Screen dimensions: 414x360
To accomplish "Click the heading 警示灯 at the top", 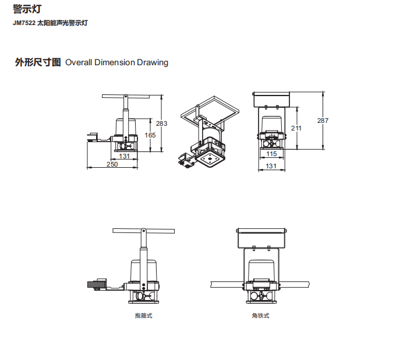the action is pos(27,9).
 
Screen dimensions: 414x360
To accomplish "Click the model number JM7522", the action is pos(24,23).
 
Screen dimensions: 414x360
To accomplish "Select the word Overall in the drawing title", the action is pos(79,62).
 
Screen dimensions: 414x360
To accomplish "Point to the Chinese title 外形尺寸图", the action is pos(38,62).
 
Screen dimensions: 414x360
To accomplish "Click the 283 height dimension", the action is pos(162,123).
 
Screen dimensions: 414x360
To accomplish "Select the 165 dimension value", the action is pos(150,135).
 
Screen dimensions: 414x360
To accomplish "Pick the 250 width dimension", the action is pos(112,164).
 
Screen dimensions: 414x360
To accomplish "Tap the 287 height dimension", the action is pos(323,121).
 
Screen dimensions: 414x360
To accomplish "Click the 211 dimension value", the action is pos(296,128).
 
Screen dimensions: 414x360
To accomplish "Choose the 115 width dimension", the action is pos(271,154).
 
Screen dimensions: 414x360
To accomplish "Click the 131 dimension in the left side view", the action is pos(124,156).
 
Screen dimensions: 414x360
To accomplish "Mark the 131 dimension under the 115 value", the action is pos(271,166).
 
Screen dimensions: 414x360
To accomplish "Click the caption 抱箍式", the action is pos(144,316).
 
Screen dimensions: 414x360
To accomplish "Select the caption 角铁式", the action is pos(261,316).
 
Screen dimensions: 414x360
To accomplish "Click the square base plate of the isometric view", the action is pos(210,159).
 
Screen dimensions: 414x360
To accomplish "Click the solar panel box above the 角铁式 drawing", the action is pos(261,238).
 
